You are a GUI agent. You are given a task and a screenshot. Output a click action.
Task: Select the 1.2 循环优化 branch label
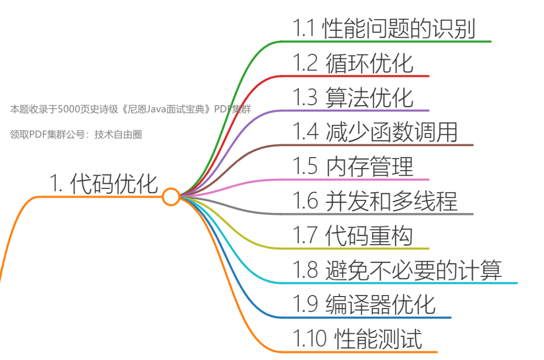[x=353, y=63]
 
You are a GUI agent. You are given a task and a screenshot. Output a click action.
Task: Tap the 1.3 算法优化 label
[x=353, y=98]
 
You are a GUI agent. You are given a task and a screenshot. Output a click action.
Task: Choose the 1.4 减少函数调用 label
[x=375, y=132]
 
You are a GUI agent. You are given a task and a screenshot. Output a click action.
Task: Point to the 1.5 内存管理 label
[x=353, y=167]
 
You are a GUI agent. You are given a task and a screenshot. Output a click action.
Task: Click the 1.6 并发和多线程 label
[x=375, y=201]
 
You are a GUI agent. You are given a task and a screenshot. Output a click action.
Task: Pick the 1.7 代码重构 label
[x=353, y=235]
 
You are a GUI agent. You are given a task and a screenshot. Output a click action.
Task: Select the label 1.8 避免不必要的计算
[x=397, y=270]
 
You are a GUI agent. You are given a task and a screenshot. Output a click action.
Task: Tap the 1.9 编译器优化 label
[x=364, y=304]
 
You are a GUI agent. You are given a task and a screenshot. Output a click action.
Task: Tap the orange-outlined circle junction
[x=171, y=196]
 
